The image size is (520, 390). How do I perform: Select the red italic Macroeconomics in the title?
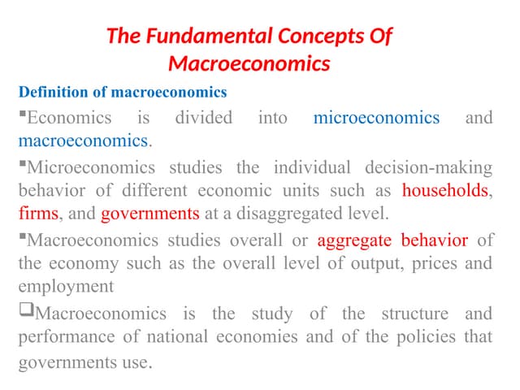click(x=249, y=63)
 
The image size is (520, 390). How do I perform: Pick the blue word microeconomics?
click(x=376, y=118)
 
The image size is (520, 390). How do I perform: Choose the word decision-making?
click(x=428, y=168)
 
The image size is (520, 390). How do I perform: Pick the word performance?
click(x=63, y=336)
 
